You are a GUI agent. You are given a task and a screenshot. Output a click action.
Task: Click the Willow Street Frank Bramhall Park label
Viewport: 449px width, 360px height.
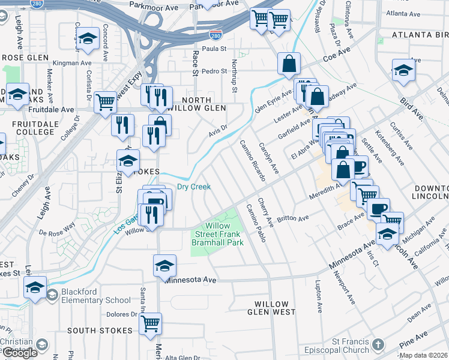[217, 235]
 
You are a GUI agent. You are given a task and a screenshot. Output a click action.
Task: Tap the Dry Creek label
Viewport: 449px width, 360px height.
[193, 187]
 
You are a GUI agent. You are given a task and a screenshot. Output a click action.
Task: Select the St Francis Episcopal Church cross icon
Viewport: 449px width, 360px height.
[377, 344]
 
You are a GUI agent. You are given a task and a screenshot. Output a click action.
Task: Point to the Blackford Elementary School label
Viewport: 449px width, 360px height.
[96, 296]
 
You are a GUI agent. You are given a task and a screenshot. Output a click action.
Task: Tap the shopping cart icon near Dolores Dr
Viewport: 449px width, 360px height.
[151, 323]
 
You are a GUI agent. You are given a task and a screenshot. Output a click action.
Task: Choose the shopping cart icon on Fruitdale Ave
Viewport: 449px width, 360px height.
[105, 101]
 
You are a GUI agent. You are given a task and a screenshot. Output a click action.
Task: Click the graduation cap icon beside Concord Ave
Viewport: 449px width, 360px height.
[88, 40]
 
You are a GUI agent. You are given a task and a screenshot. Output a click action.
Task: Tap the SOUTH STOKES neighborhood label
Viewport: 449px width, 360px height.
[100, 331]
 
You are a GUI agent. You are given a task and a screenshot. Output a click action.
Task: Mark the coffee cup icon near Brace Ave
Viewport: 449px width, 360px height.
[378, 209]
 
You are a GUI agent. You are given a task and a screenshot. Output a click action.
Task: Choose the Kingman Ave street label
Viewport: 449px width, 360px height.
[72, 62]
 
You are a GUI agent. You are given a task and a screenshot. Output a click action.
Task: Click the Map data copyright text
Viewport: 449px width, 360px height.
[423, 355]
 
